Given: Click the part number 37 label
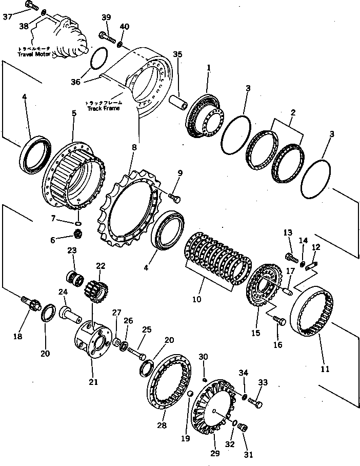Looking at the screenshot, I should (7, 16).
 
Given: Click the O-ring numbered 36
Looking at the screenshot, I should (99, 58).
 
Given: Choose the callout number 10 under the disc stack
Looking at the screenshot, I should (197, 297).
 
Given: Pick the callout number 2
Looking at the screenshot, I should (292, 112).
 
